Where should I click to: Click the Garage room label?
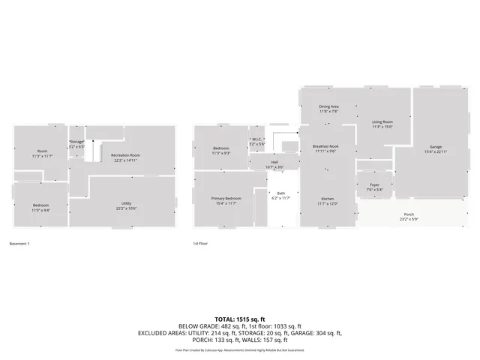coord(436,146)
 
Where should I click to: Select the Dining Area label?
coord(328,106)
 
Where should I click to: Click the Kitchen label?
coord(328,199)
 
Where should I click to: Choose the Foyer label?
coord(373,185)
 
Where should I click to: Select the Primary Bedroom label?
coord(226,199)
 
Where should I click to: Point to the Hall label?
coord(274,162)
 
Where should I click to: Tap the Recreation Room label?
coord(127,155)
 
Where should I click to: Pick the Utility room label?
coord(127,203)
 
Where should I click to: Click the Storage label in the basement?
coord(77,141)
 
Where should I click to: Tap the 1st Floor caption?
coord(200,244)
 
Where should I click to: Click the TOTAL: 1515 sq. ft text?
coord(240,319)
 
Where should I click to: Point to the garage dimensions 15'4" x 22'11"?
coord(436,152)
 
